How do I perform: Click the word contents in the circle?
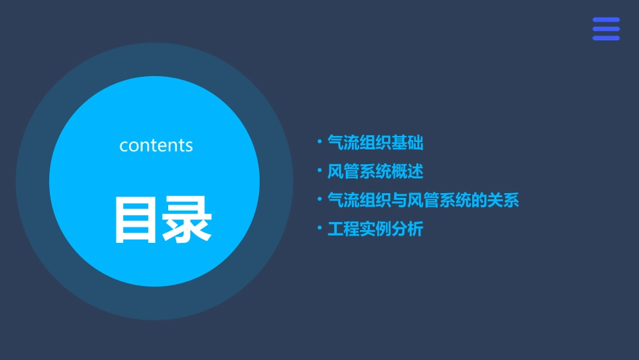[156, 145]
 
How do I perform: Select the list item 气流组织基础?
[375, 143]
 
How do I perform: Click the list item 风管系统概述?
[375, 172]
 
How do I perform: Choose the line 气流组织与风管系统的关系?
[422, 201]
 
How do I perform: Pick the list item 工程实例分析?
[375, 229]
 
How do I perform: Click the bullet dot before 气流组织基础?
[319, 141]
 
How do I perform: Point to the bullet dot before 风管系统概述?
[319, 170]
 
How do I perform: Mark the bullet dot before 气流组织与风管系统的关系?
[319, 199]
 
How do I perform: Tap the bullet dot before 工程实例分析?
[319, 228]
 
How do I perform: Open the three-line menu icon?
[606, 29]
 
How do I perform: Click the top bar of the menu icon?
[606, 20]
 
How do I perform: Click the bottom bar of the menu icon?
[606, 38]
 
